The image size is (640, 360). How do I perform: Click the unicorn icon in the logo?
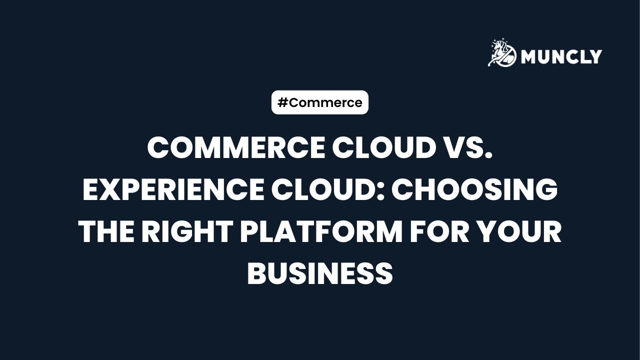click(502, 53)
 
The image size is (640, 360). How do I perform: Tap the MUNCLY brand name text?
click(561, 56)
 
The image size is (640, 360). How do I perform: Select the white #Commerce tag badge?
click(320, 102)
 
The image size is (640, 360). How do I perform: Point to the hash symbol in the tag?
click(282, 102)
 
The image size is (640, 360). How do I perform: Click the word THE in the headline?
click(106, 232)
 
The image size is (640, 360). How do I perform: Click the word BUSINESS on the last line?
click(320, 274)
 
